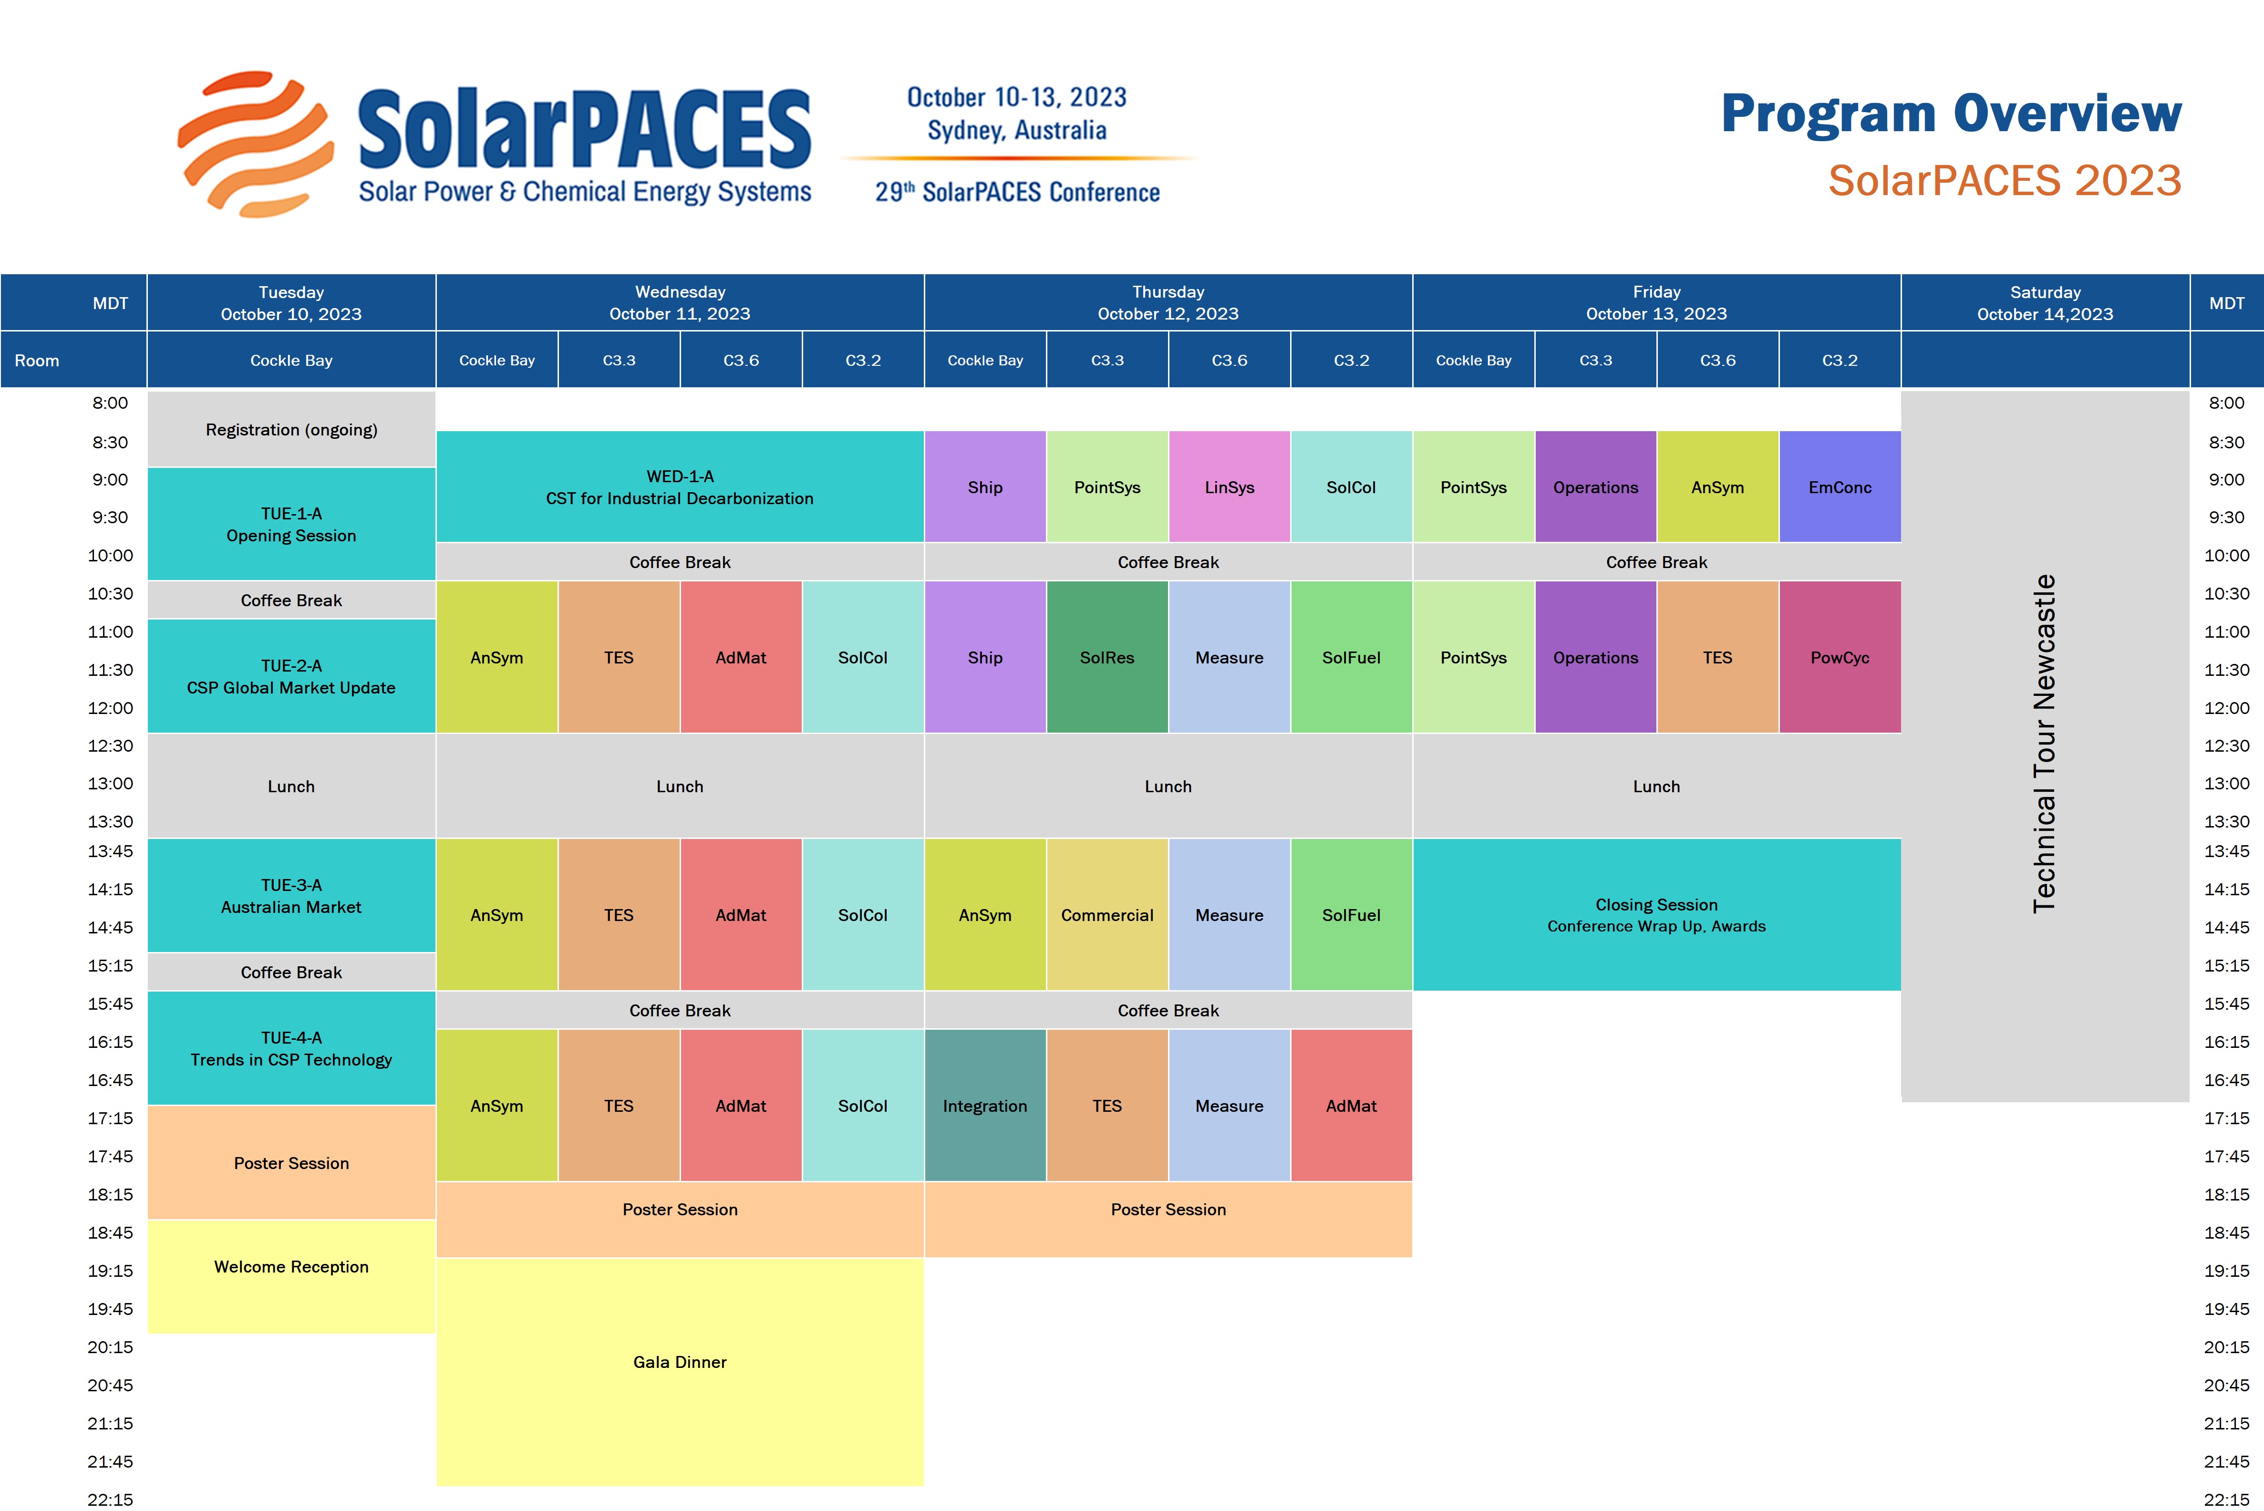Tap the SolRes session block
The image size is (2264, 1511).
point(1107,657)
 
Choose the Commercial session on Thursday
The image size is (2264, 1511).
point(1107,914)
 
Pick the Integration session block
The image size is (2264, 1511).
point(984,1105)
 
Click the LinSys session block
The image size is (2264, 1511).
point(1230,486)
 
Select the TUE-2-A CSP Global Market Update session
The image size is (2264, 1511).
point(291,675)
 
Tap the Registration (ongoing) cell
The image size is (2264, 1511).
point(291,429)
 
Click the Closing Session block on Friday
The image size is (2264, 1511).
point(1656,914)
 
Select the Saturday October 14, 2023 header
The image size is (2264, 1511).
point(2045,302)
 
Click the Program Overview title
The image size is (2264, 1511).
point(1951,114)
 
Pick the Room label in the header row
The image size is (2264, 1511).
point(37,361)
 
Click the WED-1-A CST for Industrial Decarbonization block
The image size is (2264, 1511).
point(680,486)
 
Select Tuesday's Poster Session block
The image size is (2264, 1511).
point(291,1162)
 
